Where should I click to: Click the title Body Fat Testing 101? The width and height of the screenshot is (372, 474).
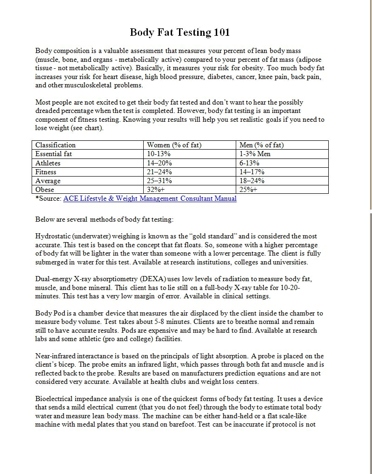pyautogui.click(x=179, y=33)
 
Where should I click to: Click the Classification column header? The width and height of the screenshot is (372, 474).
pyautogui.click(x=55, y=145)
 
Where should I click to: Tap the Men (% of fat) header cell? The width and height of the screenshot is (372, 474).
pyautogui.click(x=261, y=145)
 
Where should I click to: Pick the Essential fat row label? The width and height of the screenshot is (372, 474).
pyautogui.click(x=54, y=154)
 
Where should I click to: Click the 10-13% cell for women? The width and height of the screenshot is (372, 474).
pyautogui.click(x=159, y=154)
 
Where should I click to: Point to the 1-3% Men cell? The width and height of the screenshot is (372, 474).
pyautogui.click(x=255, y=154)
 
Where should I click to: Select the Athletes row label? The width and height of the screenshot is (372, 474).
pyautogui.click(x=48, y=163)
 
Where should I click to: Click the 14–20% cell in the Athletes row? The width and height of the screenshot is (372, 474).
pyautogui.click(x=159, y=163)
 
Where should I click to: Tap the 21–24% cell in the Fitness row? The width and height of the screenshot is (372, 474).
pyautogui.click(x=159, y=172)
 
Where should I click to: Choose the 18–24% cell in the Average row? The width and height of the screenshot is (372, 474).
pyautogui.click(x=252, y=181)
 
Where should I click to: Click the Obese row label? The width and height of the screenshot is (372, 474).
pyautogui.click(x=45, y=190)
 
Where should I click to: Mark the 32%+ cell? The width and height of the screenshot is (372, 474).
pyautogui.click(x=156, y=190)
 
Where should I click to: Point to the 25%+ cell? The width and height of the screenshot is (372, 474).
pyautogui.click(x=248, y=190)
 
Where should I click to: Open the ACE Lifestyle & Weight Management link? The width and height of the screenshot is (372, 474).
pyautogui.click(x=150, y=198)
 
